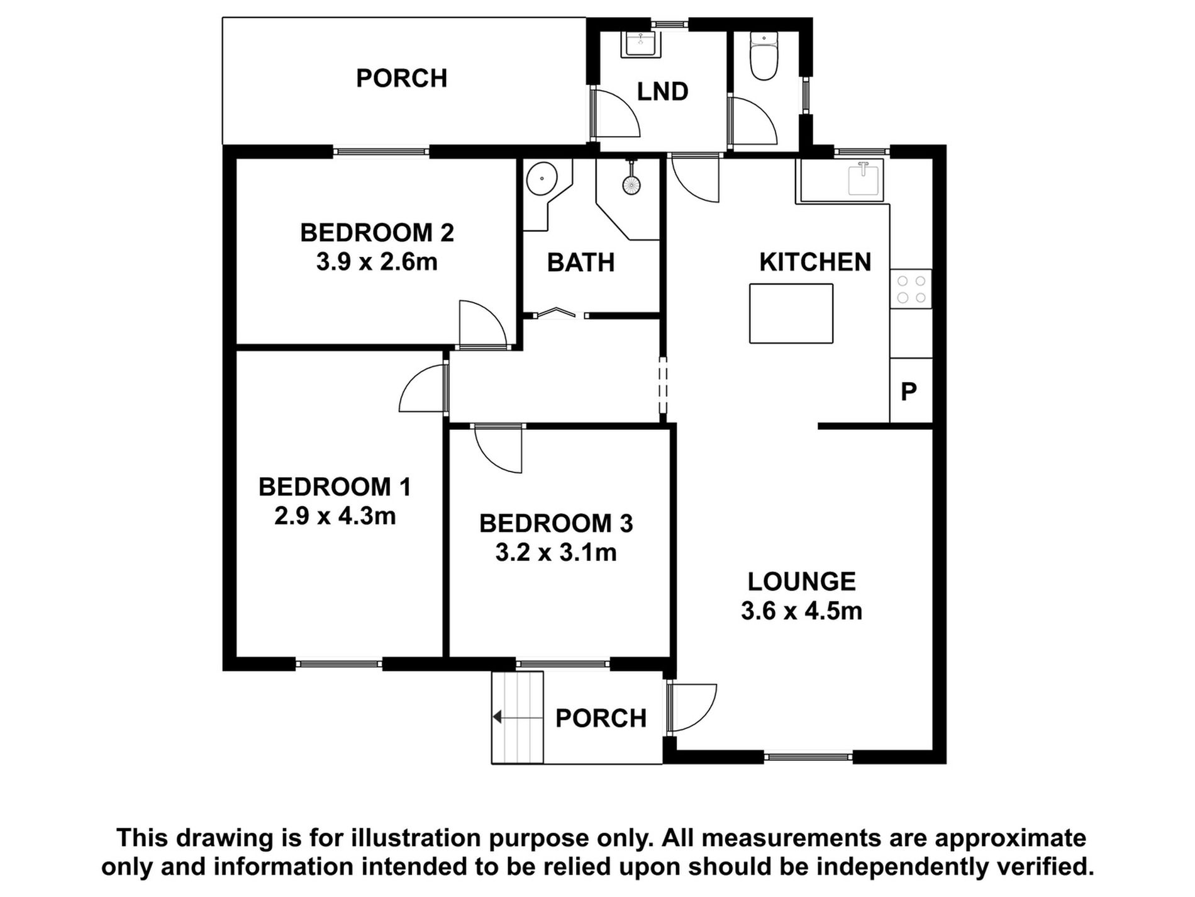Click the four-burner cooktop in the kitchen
[911, 289]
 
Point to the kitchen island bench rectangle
[791, 313]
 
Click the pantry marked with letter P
[911, 390]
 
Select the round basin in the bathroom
[541, 179]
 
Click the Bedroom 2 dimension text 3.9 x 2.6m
[377, 262]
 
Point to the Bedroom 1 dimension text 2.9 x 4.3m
[335, 516]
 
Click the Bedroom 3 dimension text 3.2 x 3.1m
[556, 553]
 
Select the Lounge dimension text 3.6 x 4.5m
[801, 611]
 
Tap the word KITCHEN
[815, 262]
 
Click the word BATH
[581, 262]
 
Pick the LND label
[662, 91]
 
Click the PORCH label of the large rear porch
[401, 78]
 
